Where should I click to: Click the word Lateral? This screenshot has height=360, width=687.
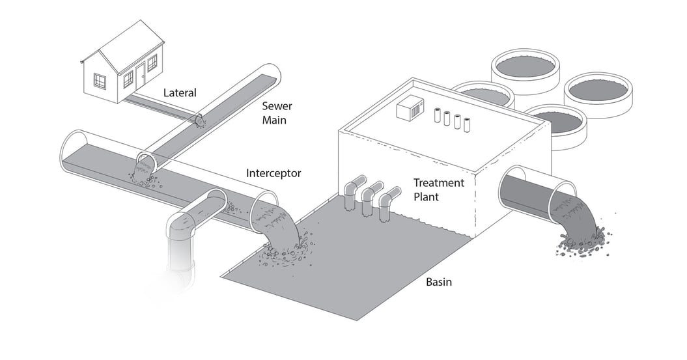[x=180, y=93]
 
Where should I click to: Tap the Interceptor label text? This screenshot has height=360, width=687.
[x=273, y=173]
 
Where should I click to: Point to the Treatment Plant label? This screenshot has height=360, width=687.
[x=439, y=189]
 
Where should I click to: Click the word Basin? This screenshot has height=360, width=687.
[x=438, y=282]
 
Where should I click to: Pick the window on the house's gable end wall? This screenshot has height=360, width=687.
[x=100, y=81]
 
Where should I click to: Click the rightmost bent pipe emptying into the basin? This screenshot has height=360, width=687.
[x=387, y=202]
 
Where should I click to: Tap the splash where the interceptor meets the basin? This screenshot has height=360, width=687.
[x=287, y=251]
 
